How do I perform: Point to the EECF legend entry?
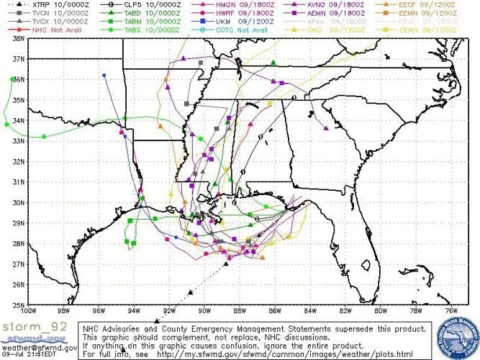pos(433,5)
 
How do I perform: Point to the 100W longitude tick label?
pos(28,312)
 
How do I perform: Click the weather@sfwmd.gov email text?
pos(39,347)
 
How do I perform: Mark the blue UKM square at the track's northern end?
pos(104,75)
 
